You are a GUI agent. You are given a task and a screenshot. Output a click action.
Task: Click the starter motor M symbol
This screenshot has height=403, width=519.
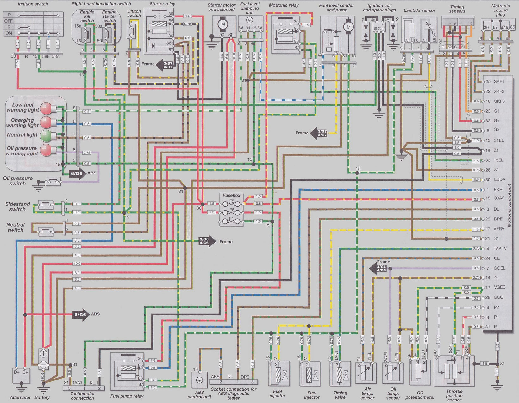tap(223, 24)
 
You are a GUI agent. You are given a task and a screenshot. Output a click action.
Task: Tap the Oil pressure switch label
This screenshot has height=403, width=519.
tap(18, 181)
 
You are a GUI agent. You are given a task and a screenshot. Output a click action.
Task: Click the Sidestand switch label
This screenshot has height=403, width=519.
tap(18, 206)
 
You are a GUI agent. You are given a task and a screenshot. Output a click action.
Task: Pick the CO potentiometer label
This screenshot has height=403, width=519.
tap(420, 397)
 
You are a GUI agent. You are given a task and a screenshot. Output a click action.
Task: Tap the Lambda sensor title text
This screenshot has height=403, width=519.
tap(419, 10)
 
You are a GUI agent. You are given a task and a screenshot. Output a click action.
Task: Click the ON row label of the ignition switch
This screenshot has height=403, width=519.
tap(9, 33)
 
